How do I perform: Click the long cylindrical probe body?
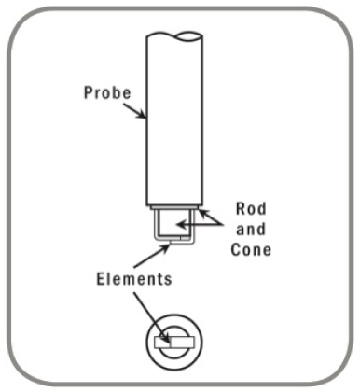click(x=176, y=121)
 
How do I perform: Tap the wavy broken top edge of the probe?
click(x=176, y=35)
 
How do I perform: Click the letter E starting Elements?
click(x=101, y=277)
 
